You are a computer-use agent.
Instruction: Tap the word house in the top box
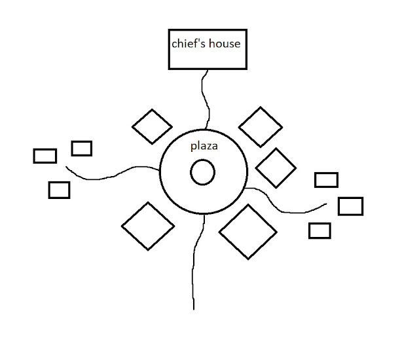point(225,45)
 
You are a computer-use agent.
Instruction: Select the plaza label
point(204,147)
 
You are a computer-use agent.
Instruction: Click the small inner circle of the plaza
point(203,173)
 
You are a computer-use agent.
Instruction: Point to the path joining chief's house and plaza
point(205,98)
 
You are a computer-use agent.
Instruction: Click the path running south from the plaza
point(194,262)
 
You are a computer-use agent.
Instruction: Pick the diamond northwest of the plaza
point(153,126)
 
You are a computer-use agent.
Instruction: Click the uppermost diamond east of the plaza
point(260,126)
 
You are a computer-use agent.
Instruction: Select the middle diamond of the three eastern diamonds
point(276,168)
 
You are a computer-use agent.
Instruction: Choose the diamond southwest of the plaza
point(148,226)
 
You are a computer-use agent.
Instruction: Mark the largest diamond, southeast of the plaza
point(248,231)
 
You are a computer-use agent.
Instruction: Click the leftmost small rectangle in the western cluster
point(45,156)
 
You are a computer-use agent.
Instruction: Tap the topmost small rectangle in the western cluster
point(82,148)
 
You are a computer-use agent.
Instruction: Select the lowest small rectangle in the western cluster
point(59,190)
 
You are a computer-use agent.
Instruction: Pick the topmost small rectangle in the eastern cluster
point(326,179)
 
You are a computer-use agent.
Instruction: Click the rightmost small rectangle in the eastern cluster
point(350,206)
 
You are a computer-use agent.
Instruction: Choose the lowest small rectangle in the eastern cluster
point(319,230)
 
